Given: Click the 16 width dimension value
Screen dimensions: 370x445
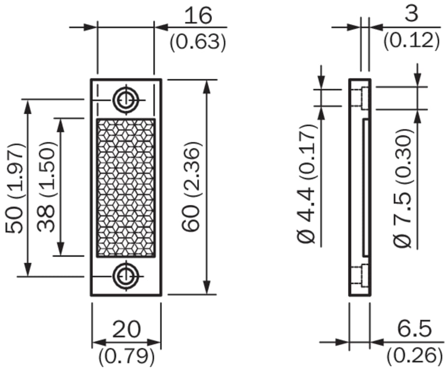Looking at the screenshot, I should [198, 16].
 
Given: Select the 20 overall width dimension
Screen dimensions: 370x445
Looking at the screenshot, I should [126, 330].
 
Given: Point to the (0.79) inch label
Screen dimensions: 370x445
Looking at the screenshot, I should [126, 355].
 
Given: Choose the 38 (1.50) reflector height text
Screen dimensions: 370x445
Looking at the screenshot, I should [46, 186].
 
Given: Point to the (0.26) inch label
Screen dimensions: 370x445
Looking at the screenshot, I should [410, 355].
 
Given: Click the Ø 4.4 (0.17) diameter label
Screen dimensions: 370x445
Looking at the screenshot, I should [308, 184].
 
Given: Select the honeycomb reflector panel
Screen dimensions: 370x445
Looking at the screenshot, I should [126, 188].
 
